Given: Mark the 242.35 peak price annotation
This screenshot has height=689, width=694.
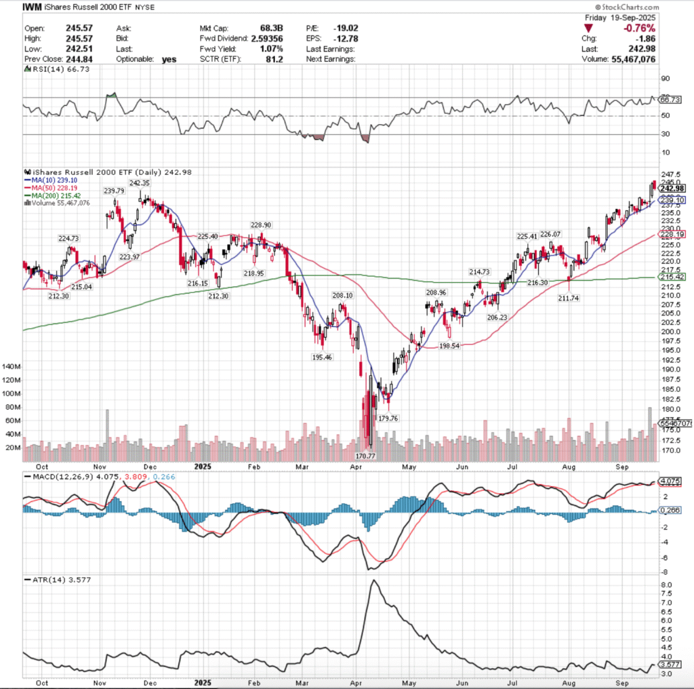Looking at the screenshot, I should pos(139,183).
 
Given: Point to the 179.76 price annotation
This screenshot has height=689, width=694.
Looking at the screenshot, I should pos(388,418).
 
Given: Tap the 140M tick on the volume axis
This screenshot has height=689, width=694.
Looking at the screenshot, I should pos(12,366).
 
